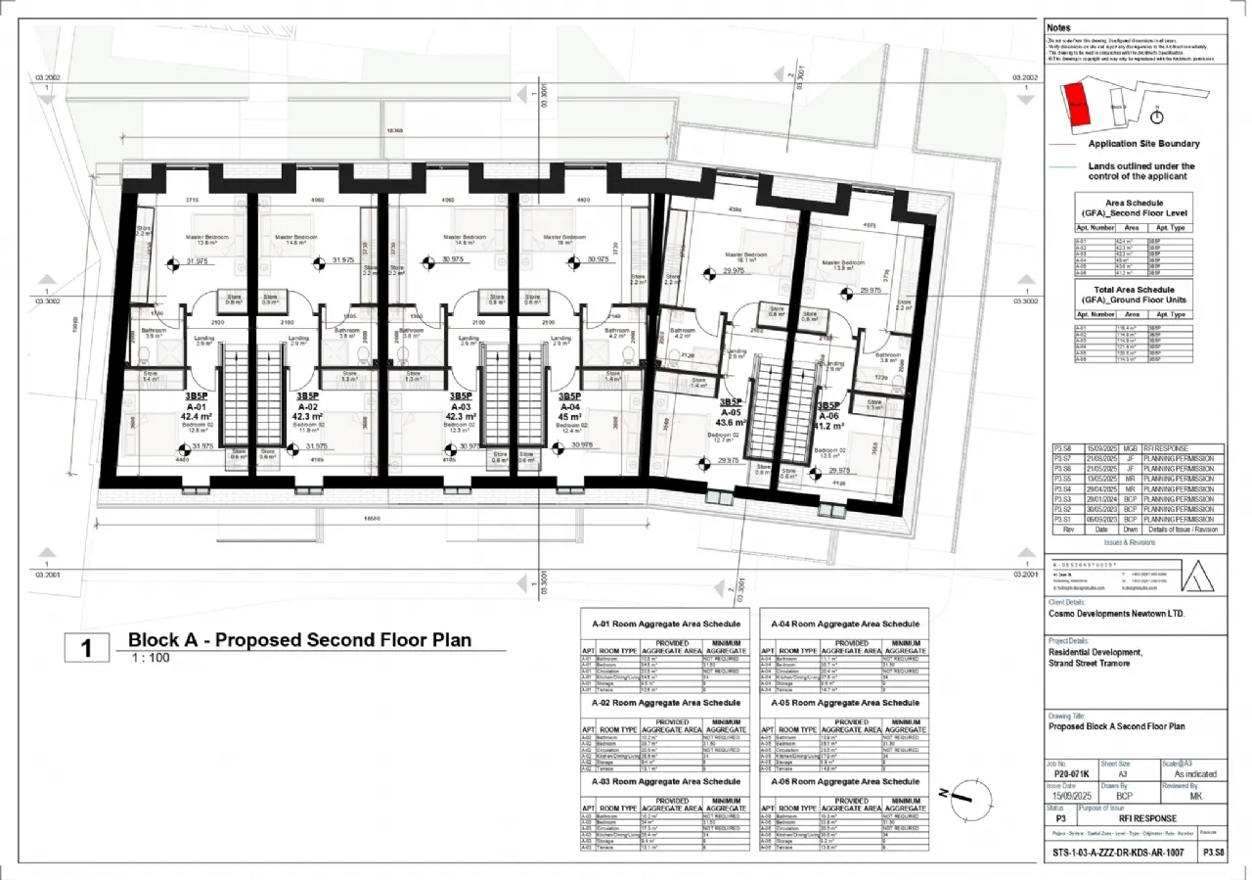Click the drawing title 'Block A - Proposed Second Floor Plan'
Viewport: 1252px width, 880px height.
(299, 640)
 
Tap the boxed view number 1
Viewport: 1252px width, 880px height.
(86, 648)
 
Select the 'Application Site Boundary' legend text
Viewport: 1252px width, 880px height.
(1143, 144)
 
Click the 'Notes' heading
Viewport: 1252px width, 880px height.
(1058, 27)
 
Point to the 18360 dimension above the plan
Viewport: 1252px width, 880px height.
(394, 130)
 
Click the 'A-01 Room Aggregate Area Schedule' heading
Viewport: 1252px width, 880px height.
(666, 624)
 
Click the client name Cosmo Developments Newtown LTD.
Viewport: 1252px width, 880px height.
(1116, 614)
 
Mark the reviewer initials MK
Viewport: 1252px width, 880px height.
(1195, 797)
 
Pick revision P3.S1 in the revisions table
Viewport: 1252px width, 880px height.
(1062, 519)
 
